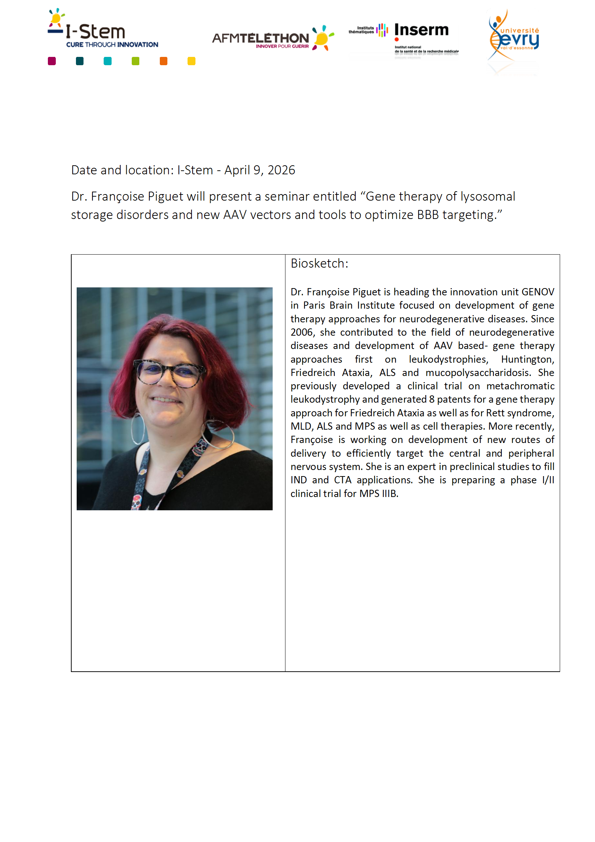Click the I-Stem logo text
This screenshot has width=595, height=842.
pyautogui.click(x=96, y=32)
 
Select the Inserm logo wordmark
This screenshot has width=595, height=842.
pyautogui.click(x=421, y=30)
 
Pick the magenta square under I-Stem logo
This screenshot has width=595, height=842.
pyautogui.click(x=52, y=61)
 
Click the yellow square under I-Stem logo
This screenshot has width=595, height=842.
pyautogui.click(x=191, y=61)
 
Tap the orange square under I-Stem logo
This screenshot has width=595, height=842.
pyautogui.click(x=163, y=61)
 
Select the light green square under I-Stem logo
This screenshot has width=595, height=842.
pyautogui.click(x=136, y=61)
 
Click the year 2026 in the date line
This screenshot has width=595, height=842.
pyautogui.click(x=281, y=170)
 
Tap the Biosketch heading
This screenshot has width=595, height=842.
pyautogui.click(x=319, y=264)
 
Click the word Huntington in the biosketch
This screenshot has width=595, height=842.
pyautogui.click(x=527, y=359)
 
